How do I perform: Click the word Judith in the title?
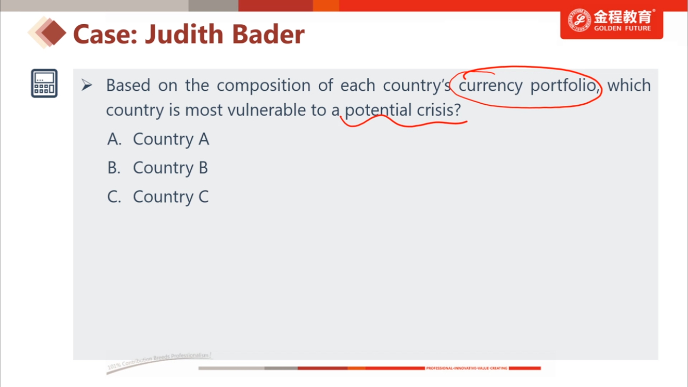pos(184,34)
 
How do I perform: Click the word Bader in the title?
pos(268,34)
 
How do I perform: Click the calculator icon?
pos(44,83)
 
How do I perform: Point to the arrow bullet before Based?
pos(87,85)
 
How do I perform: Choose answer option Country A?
pos(158,139)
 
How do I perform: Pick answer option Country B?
pos(158,168)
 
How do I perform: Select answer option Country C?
pos(158,197)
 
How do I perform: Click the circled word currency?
pos(490,86)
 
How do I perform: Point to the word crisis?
pos(439,110)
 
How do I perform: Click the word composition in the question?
pos(264,86)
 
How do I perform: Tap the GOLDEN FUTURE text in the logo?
pos(623,28)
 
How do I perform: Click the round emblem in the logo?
pos(579,20)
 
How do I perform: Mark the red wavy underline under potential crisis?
pos(404,121)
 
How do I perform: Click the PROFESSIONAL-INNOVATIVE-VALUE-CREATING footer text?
pos(467,368)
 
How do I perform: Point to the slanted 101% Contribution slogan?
pos(159,360)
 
